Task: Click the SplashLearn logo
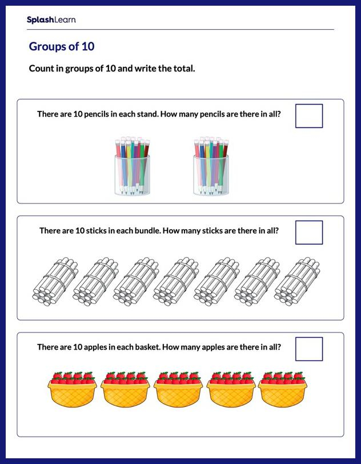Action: [x=51, y=20]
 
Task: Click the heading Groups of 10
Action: [x=61, y=47]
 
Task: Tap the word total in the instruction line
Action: [x=182, y=69]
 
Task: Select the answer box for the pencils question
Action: [x=309, y=116]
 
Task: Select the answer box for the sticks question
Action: [x=309, y=233]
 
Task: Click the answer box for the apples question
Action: [x=309, y=349]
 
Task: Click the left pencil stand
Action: [x=132, y=166]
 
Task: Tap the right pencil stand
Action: [x=211, y=166]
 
